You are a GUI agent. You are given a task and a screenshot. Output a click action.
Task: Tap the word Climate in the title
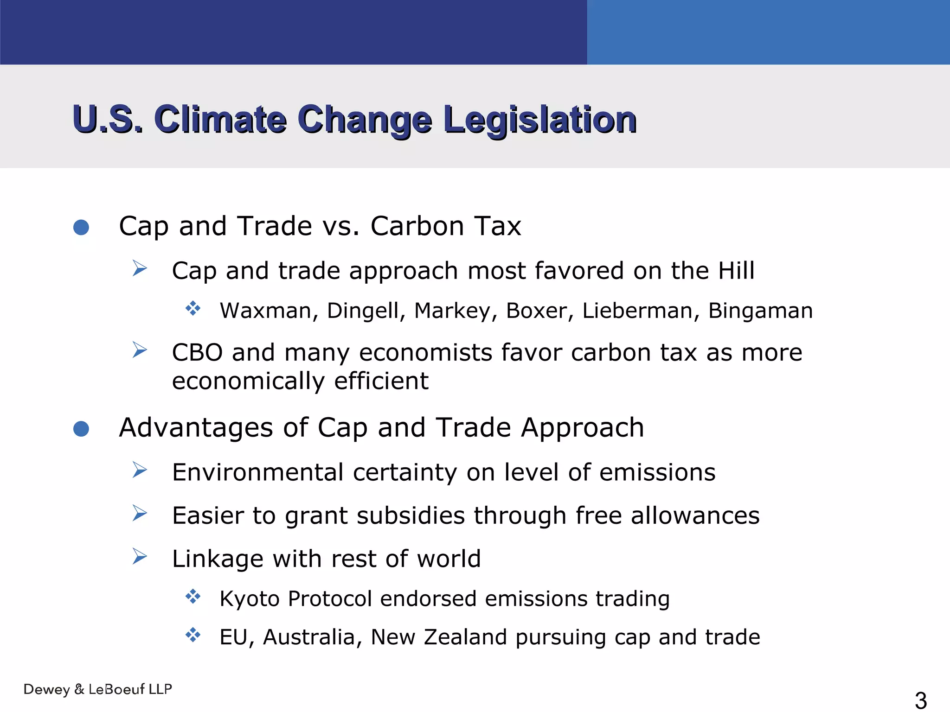(x=220, y=120)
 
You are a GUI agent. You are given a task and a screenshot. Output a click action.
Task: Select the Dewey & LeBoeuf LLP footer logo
(x=98, y=689)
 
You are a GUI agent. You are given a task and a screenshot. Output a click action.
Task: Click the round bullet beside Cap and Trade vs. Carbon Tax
(x=81, y=227)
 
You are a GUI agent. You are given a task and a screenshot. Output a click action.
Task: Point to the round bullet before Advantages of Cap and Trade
(x=81, y=429)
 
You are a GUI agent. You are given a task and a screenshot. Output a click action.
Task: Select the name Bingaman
(x=760, y=311)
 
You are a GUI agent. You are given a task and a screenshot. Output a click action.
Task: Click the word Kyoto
(x=250, y=599)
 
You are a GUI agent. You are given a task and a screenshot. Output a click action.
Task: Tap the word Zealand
(x=465, y=637)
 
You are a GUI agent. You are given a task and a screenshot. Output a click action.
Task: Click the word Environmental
(x=257, y=472)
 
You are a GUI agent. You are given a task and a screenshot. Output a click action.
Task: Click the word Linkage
(x=217, y=559)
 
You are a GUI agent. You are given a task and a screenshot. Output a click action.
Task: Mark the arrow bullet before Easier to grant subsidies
(x=139, y=514)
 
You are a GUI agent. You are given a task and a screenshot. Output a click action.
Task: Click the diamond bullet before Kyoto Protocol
(x=193, y=596)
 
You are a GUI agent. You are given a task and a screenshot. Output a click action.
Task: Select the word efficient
(x=381, y=381)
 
